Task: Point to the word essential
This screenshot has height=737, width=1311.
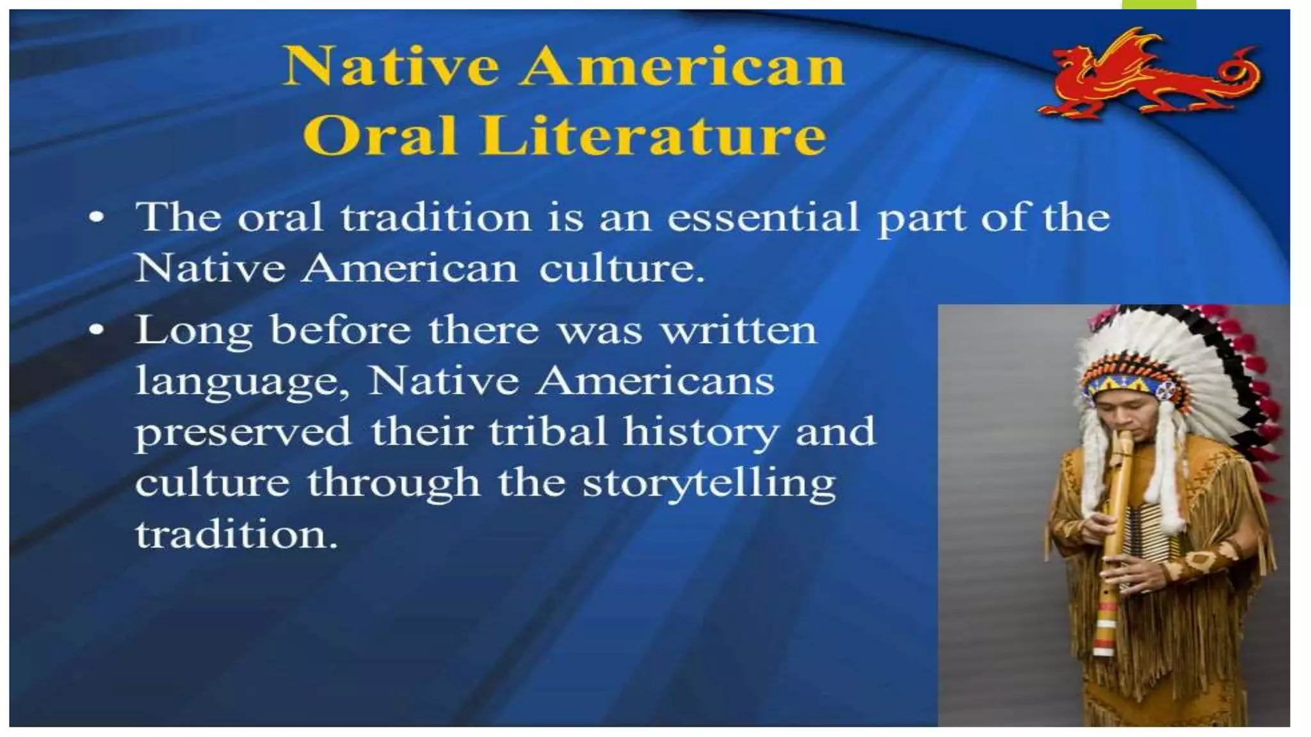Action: tap(762, 217)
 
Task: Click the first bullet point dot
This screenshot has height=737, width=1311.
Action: tap(97, 218)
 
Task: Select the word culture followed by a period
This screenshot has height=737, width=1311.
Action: tap(621, 268)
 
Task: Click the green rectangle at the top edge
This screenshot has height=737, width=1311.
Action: tap(1159, 4)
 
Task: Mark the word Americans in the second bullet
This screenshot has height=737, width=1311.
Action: tap(655, 382)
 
